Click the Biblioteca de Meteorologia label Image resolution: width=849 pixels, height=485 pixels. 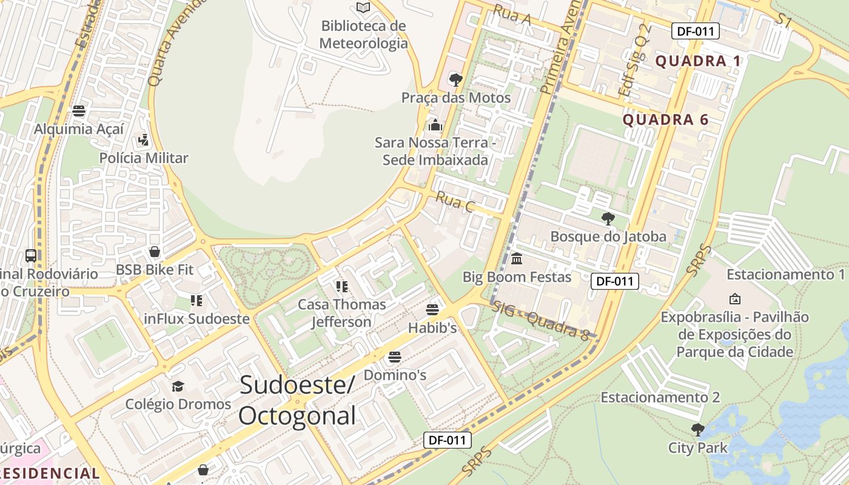tap(363, 35)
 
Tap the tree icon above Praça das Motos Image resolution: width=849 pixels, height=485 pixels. tap(455, 79)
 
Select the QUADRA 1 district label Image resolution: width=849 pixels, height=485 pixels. tap(699, 61)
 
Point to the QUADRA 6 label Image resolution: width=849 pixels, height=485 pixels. tap(665, 119)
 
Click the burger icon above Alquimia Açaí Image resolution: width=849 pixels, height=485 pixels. tap(78, 111)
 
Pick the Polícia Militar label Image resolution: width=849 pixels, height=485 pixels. tap(144, 158)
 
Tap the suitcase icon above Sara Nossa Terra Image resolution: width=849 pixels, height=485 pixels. tap(435, 125)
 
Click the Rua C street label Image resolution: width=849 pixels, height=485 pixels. tap(455, 202)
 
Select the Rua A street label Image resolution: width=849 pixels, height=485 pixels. tap(512, 14)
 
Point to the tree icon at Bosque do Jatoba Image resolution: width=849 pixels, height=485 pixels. tap(608, 219)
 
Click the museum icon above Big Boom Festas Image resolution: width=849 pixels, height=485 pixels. tap(517, 259)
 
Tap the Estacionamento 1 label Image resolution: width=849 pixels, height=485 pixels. tap(785, 274)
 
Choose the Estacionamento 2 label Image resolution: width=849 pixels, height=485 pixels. tap(660, 397)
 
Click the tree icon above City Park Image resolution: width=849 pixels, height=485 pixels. tap(697, 430)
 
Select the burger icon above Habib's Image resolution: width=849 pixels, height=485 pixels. tap(432, 310)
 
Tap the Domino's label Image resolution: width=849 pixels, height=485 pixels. tap(395, 375)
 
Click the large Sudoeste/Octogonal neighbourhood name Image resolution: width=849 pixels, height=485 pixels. tap(297, 401)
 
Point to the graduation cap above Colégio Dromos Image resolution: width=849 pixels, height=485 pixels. tap(178, 386)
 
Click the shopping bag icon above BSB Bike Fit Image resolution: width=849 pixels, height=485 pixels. tap(155, 252)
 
